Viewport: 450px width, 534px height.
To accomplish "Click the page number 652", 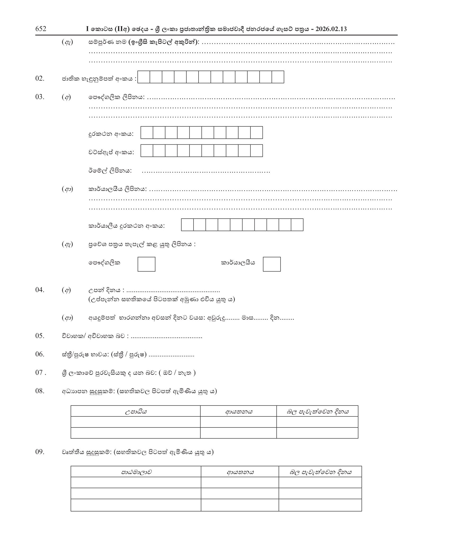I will click(x=41, y=29).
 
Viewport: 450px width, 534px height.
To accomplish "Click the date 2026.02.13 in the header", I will click(x=331, y=29).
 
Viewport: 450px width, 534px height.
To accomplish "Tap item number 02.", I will click(x=40, y=79).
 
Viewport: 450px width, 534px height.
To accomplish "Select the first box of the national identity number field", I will click(x=144, y=77).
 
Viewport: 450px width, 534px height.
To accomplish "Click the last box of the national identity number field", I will click(x=278, y=77).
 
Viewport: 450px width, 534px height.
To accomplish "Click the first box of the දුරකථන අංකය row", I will click(x=147, y=132).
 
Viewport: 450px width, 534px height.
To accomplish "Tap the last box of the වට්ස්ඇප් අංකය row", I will click(x=256, y=151).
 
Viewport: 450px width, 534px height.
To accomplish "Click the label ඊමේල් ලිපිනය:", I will click(x=110, y=171).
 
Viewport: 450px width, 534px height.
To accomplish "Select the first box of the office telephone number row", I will click(x=187, y=225).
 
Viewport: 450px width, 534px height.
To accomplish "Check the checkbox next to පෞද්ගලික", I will click(x=146, y=264).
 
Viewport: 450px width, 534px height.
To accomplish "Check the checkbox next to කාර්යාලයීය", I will click(x=272, y=264).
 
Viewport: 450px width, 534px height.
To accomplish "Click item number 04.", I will click(x=40, y=290).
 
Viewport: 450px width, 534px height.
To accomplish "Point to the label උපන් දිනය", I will click(x=105, y=290).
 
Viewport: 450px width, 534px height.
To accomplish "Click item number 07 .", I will click(x=40, y=373).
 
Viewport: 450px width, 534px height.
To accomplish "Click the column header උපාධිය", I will click(x=136, y=411).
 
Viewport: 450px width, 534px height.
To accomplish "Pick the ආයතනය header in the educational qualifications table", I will click(x=238, y=411).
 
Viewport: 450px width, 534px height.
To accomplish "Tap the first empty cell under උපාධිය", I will click(x=136, y=422).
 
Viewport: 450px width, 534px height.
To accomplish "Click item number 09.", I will click(x=40, y=452).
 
